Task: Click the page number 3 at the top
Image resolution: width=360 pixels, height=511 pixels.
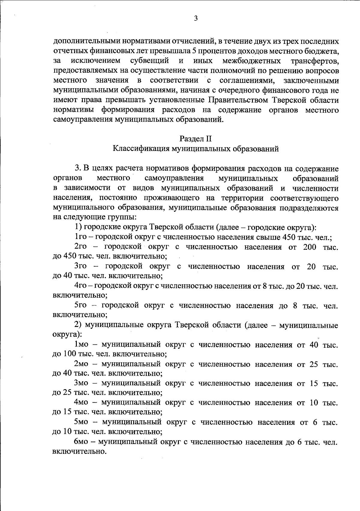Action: (196, 19)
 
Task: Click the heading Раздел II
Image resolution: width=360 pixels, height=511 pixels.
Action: (196, 139)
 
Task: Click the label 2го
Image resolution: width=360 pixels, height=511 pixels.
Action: (81, 247)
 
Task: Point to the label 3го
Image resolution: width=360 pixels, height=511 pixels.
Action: (81, 266)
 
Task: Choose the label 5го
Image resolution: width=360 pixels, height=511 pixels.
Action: (81, 305)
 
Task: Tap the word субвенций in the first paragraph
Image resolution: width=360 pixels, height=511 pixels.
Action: (150, 61)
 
